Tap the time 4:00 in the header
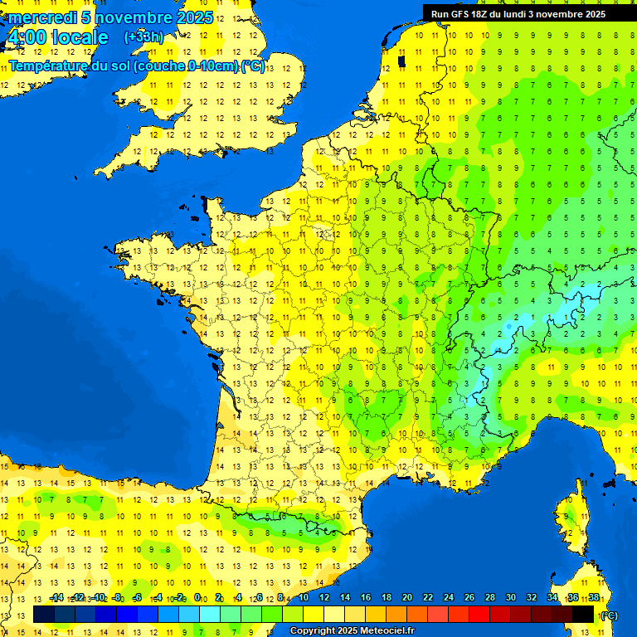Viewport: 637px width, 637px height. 25,37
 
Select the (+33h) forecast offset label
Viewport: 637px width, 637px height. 143,36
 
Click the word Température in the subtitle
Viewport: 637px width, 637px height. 46,66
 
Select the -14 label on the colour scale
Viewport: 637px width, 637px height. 56,597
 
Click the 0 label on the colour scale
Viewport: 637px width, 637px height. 197,597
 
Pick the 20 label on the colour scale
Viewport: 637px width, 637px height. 406,597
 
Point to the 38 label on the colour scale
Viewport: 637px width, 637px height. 593,597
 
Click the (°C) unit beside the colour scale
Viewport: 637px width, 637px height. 610,615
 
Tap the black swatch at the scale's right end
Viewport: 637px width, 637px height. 583,614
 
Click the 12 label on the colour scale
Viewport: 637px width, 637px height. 323,597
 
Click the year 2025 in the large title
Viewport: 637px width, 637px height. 193,17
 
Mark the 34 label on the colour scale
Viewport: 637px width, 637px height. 552,597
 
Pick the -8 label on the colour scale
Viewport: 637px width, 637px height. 118,597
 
